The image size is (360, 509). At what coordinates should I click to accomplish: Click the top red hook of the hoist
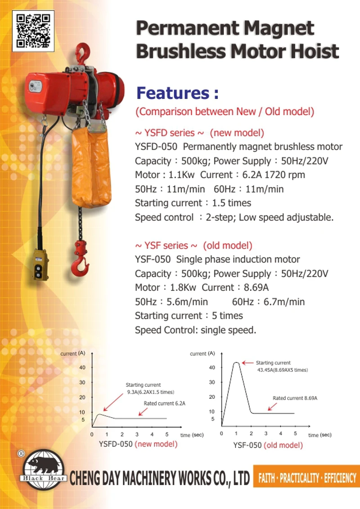[x=82, y=53]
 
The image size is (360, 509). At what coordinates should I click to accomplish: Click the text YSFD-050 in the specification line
[x=157, y=147]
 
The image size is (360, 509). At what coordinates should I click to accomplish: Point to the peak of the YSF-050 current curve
[x=236, y=362]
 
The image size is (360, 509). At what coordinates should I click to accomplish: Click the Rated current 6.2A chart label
[x=164, y=403]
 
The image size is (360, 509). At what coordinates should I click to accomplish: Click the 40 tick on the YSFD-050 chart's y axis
[x=82, y=367]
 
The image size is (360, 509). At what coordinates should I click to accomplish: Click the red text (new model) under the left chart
[x=156, y=444]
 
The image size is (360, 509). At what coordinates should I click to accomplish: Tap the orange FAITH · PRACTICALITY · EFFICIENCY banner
[x=307, y=478]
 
